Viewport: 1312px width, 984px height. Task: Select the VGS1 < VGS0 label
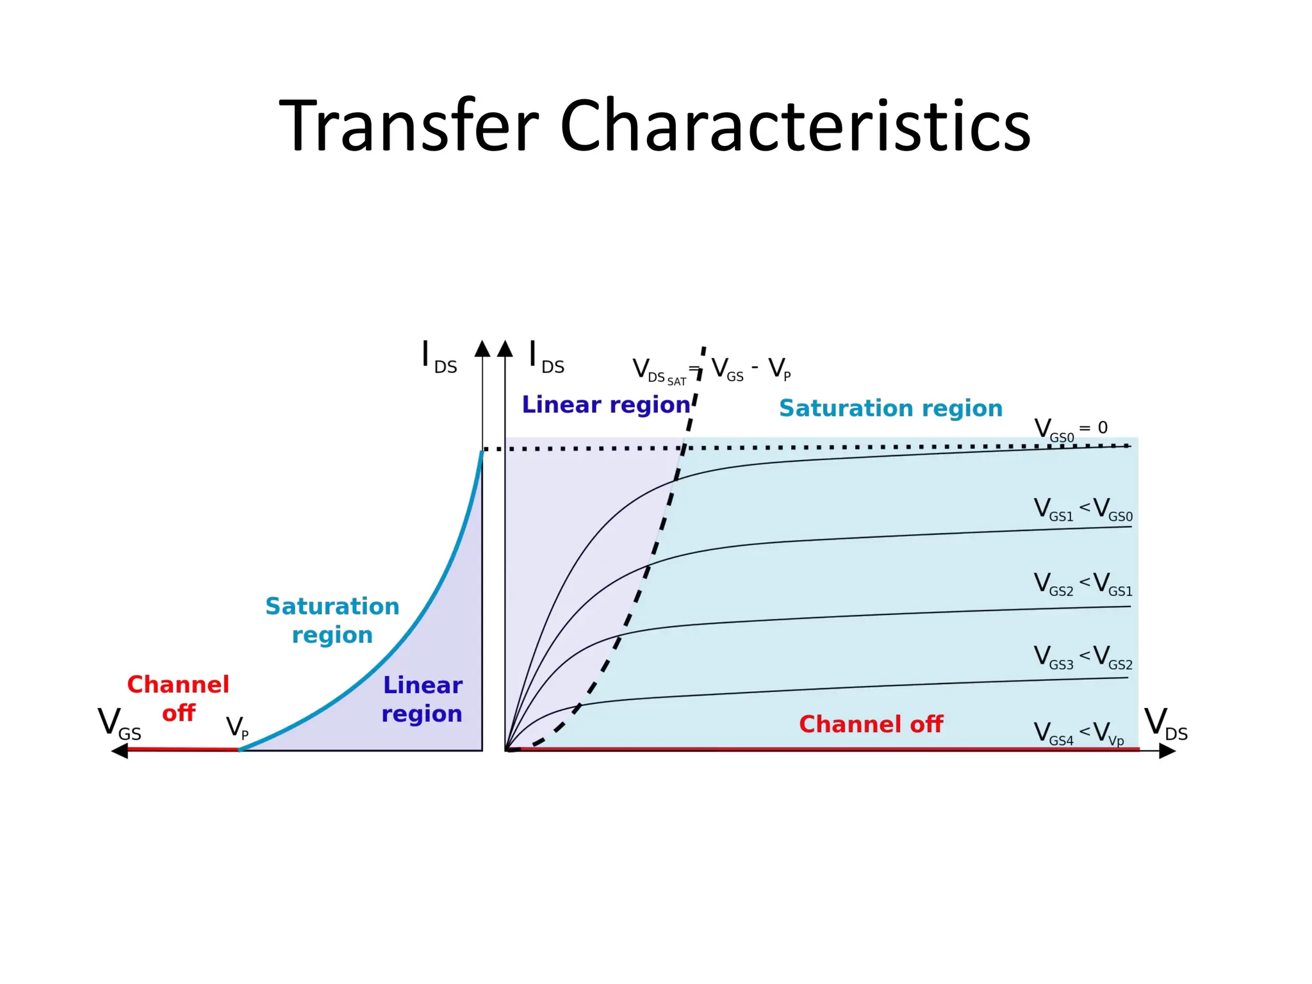pyautogui.click(x=1083, y=510)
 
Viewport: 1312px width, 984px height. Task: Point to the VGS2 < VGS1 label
pyautogui.click(x=1083, y=584)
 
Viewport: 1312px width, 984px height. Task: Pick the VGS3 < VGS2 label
pyautogui.click(x=1083, y=658)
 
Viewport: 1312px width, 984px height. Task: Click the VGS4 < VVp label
pyautogui.click(x=1079, y=733)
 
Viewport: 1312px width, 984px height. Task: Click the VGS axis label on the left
pyautogui.click(x=119, y=724)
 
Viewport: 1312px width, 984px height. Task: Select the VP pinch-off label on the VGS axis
pyautogui.click(x=237, y=728)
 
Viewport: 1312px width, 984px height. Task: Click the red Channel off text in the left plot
pyautogui.click(x=178, y=698)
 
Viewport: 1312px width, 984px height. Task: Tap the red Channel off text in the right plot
pyautogui.click(x=871, y=725)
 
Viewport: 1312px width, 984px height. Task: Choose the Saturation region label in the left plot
pyautogui.click(x=332, y=620)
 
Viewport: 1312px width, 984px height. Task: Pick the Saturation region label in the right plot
pyautogui.click(x=890, y=408)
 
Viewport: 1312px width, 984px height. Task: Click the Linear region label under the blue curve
pyautogui.click(x=422, y=699)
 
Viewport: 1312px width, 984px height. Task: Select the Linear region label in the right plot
pyautogui.click(x=605, y=405)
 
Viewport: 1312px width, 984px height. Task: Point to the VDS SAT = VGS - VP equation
pyautogui.click(x=711, y=370)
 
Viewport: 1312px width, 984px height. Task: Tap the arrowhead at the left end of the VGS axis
pyautogui.click(x=120, y=750)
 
